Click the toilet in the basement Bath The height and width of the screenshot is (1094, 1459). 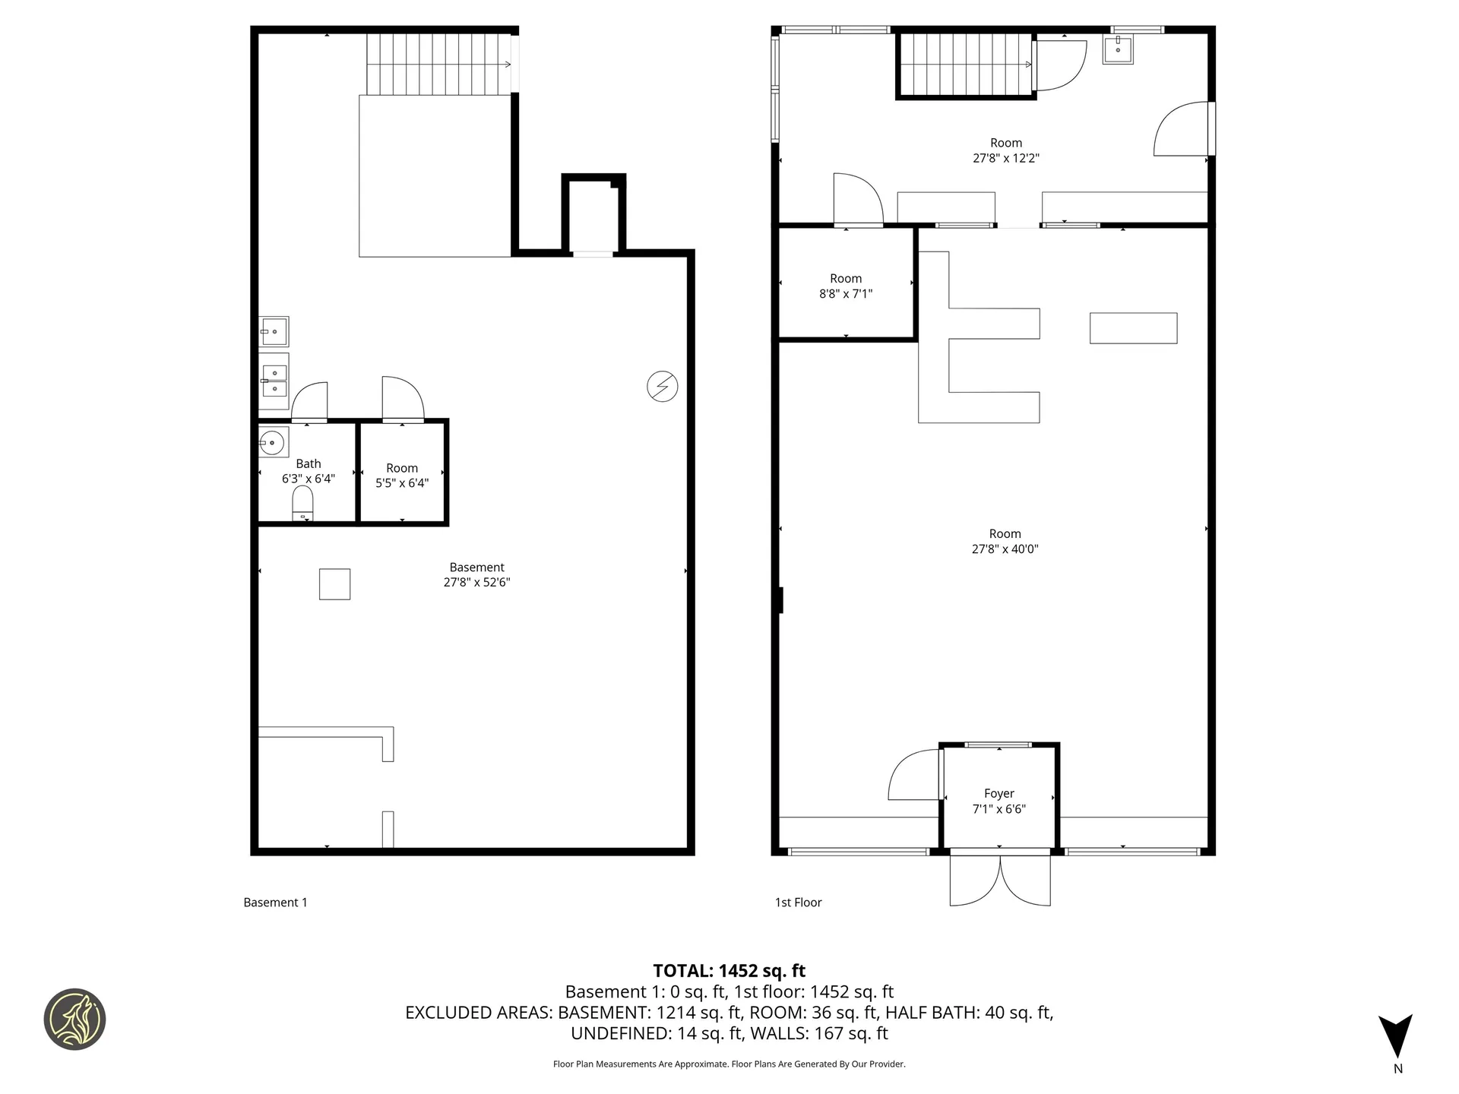(x=302, y=504)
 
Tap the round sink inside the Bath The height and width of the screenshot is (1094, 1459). (x=272, y=442)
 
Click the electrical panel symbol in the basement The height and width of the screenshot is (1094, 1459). (x=662, y=387)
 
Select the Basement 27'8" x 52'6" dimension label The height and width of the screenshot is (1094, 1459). (x=476, y=583)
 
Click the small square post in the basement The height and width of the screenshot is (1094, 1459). (x=334, y=584)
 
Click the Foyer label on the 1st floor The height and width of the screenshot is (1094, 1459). (x=999, y=793)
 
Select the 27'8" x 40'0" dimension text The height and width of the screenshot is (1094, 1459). (x=1005, y=549)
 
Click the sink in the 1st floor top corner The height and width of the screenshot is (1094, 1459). (x=1118, y=49)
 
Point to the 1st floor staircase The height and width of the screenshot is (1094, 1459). (x=965, y=65)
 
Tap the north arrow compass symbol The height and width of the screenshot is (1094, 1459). (x=1396, y=1036)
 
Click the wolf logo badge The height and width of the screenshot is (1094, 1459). (x=74, y=1020)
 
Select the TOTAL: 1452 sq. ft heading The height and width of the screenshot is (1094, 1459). (x=729, y=971)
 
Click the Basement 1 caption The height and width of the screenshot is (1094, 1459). (x=275, y=903)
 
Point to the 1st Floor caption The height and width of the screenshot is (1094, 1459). (x=798, y=903)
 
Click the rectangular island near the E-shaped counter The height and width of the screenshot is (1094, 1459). (x=1133, y=328)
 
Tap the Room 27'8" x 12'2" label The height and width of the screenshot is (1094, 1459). (x=1005, y=150)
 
